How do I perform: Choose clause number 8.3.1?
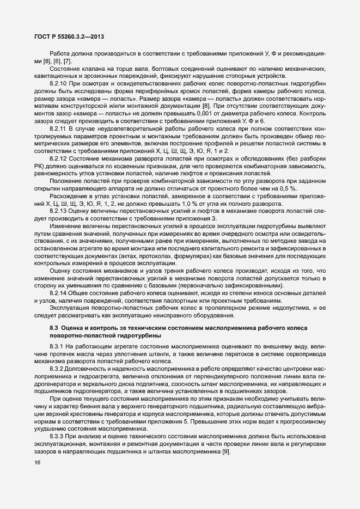click(58, 346)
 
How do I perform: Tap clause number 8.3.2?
click(58, 368)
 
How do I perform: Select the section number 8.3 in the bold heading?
click(53, 327)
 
